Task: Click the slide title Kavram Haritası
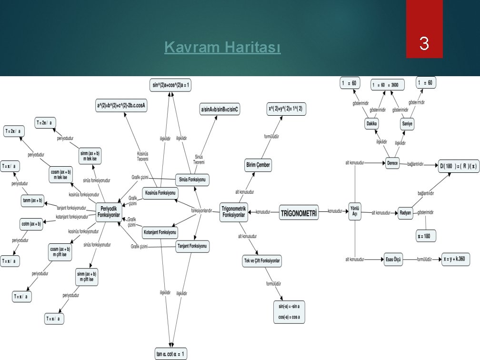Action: (222, 48)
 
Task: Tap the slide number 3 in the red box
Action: (424, 45)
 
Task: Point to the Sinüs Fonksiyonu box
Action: (192, 180)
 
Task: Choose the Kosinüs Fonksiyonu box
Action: (160, 193)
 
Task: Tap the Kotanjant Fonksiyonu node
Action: (160, 233)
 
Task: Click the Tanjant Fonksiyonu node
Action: (192, 246)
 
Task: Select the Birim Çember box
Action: (258, 165)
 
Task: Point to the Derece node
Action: (392, 163)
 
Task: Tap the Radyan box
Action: (405, 212)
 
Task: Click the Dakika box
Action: (372, 124)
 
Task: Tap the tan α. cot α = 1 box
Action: (171, 354)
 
